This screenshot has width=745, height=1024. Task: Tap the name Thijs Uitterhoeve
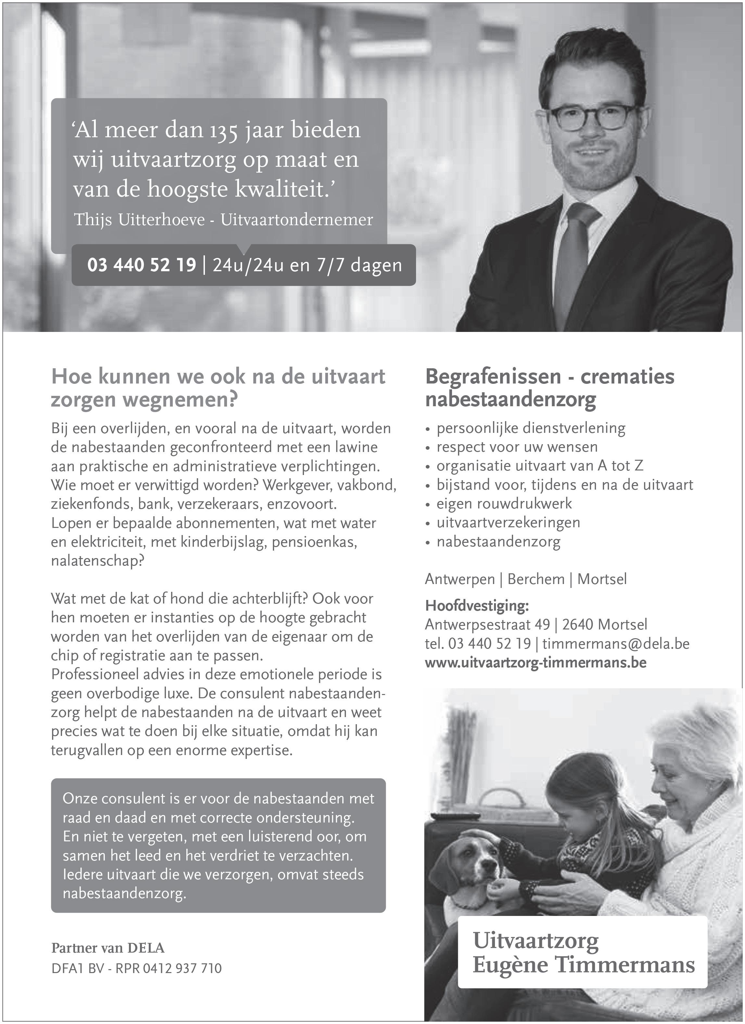139,220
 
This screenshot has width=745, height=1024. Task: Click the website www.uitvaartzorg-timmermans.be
536,662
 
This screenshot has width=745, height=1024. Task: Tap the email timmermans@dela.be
616,643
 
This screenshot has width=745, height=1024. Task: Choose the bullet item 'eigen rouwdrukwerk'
504,504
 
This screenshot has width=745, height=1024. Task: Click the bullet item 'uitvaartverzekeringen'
508,522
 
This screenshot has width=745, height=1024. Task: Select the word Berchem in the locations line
536,579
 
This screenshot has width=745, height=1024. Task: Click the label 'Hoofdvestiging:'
477,605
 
